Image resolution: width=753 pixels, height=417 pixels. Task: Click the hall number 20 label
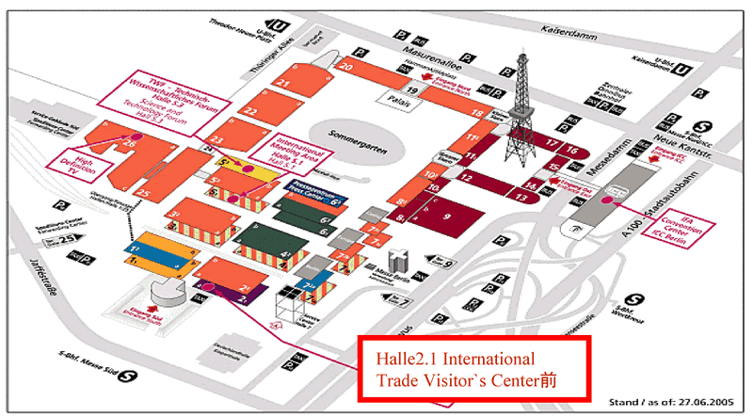(346, 67)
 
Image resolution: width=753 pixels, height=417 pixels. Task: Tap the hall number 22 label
(250, 111)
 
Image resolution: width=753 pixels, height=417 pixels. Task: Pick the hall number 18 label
(477, 113)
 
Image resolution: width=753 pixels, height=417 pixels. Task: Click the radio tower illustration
(517, 104)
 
